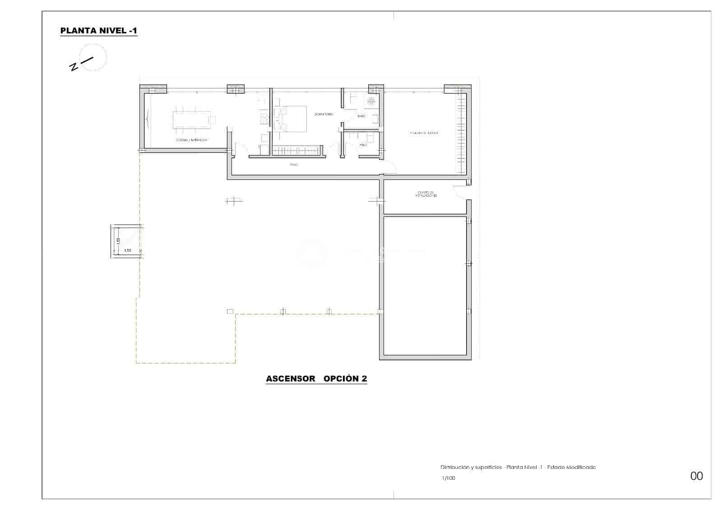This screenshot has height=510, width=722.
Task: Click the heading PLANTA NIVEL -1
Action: (x=98, y=31)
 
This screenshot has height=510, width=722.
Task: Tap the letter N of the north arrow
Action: (x=73, y=68)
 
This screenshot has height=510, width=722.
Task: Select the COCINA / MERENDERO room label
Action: (x=192, y=140)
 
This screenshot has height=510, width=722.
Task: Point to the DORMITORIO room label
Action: (x=324, y=115)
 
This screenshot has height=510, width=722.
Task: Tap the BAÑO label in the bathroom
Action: (x=361, y=116)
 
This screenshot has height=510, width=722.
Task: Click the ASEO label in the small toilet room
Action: (x=363, y=145)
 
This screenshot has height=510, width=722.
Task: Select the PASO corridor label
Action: (x=294, y=165)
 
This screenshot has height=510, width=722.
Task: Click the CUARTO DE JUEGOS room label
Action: (x=424, y=133)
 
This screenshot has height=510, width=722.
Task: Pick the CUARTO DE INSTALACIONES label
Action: (x=426, y=194)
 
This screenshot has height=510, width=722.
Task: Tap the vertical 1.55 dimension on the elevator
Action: (x=118, y=241)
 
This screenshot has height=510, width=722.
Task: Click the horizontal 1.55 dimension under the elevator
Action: (x=127, y=250)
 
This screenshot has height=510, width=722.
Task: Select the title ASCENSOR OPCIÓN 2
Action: (x=316, y=379)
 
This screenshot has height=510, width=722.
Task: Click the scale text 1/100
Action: (x=448, y=478)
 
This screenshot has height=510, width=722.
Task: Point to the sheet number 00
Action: (x=696, y=476)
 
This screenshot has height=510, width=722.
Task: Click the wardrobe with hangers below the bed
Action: (x=298, y=150)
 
